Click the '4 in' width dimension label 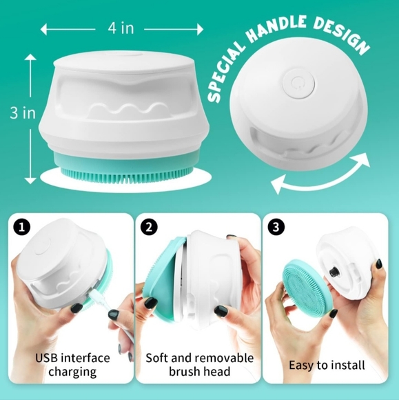(121, 28)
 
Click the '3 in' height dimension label (23, 112)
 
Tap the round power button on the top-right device (299, 84)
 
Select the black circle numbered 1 (21, 227)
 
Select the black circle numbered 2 (149, 227)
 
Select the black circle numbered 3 (276, 227)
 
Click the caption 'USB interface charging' (72, 365)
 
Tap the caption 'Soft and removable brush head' (200, 365)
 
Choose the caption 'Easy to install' (327, 365)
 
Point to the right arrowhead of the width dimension (200, 30)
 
